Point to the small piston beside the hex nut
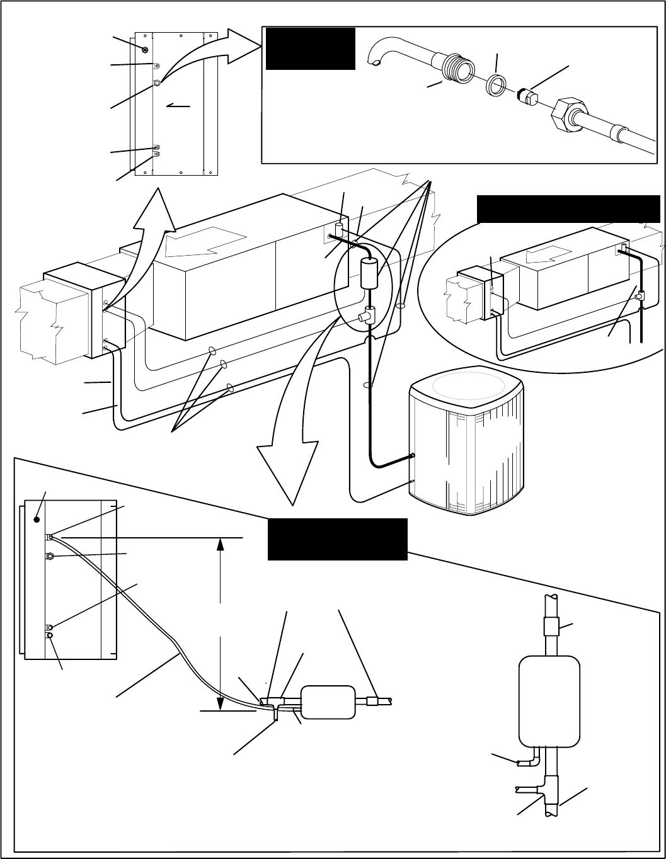point(527,96)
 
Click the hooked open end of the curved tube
point(376,61)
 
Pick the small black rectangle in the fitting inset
point(311,48)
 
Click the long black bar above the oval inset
point(568,209)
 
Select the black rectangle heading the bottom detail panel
point(337,539)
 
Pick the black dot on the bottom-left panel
point(37,520)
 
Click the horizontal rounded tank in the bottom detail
point(328,702)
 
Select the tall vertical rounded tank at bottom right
point(548,700)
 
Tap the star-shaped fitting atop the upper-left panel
point(145,50)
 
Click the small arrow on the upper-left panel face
point(178,107)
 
